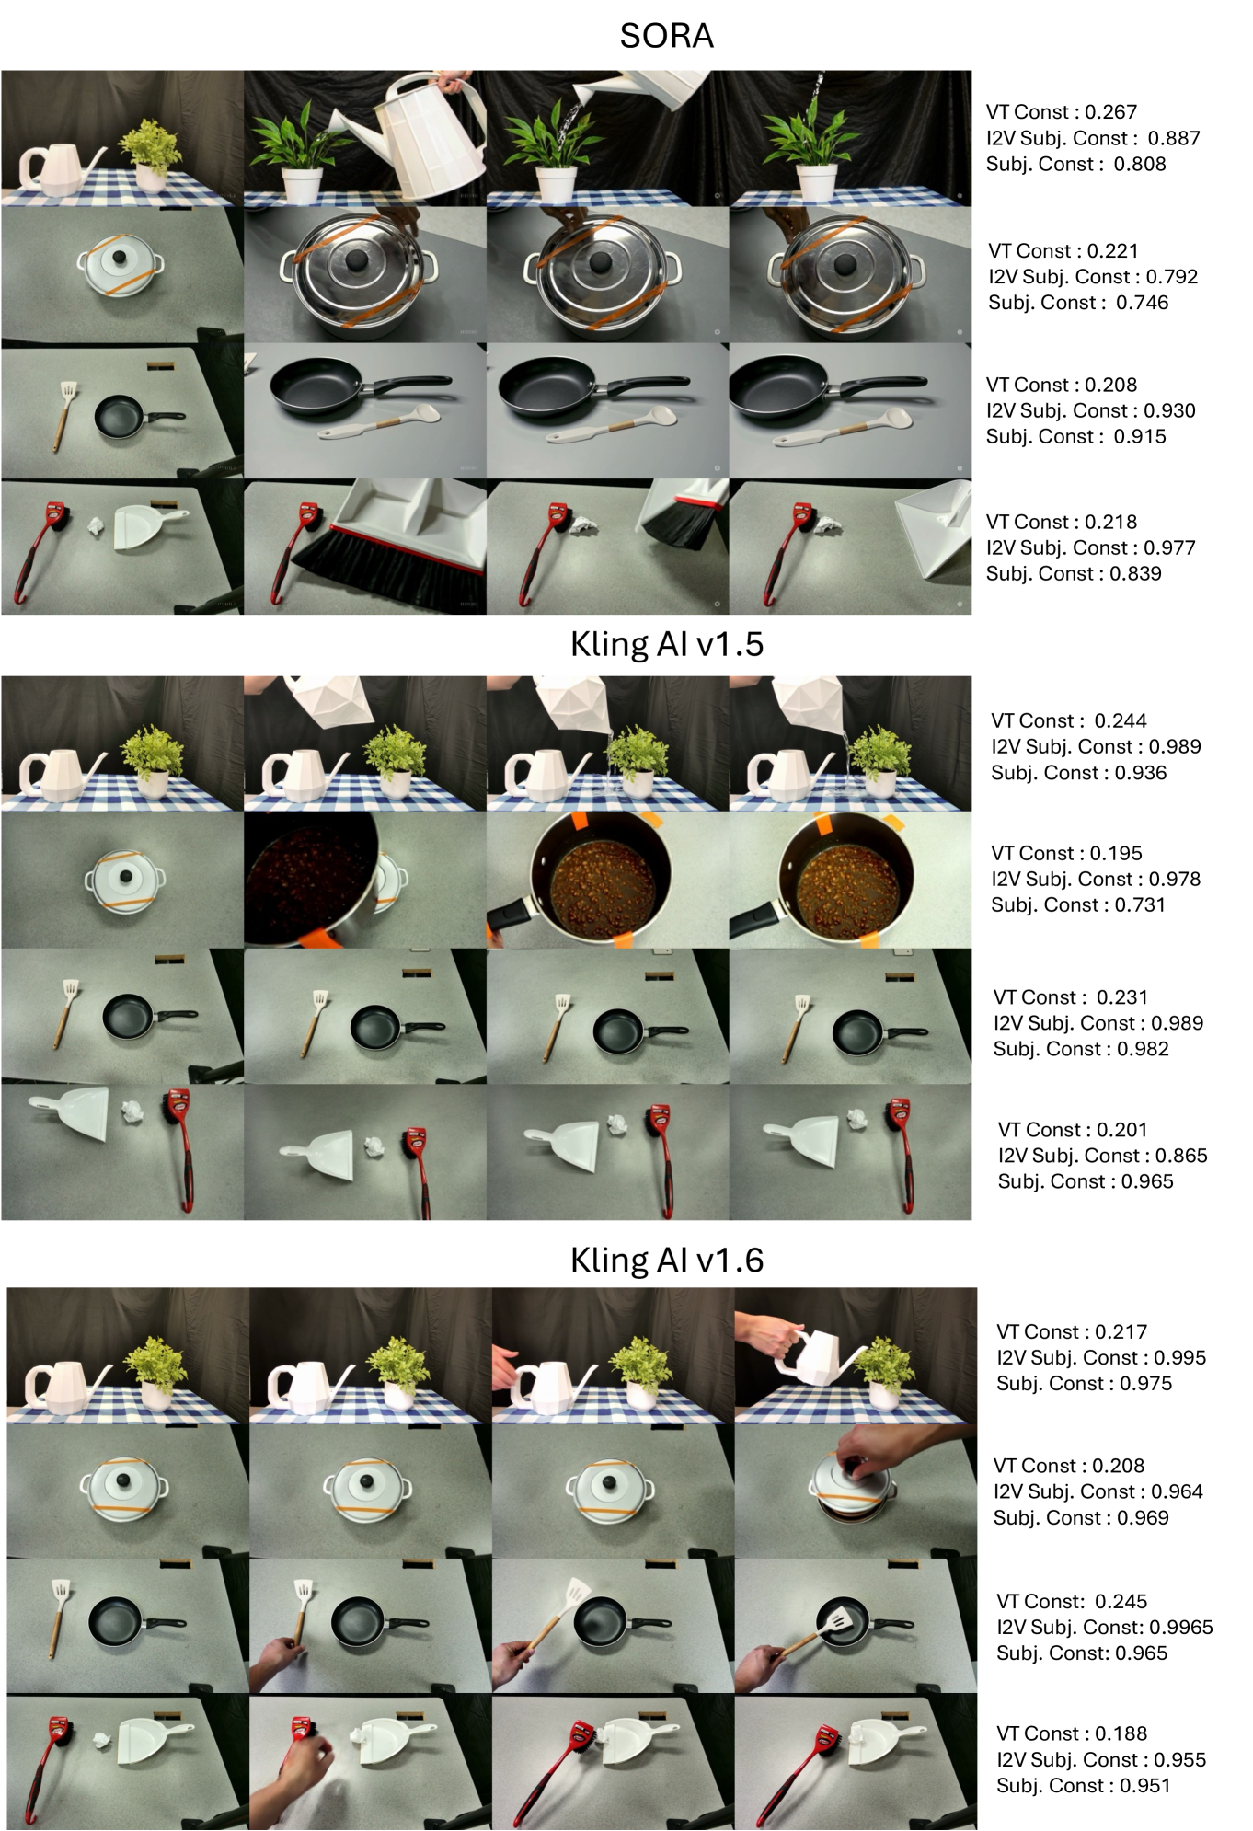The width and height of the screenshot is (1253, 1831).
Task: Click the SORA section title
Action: point(666,36)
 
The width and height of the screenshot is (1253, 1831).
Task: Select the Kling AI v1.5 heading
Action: point(666,644)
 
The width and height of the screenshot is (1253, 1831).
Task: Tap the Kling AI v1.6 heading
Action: point(666,1260)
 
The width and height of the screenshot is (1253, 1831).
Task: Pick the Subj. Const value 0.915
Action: point(1140,437)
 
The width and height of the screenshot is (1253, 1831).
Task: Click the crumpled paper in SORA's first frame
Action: point(96,526)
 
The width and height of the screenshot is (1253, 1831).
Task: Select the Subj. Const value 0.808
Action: point(1140,165)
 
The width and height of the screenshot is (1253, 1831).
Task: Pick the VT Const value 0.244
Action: point(1121,721)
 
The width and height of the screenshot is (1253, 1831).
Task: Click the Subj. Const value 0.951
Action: point(1144,1786)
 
